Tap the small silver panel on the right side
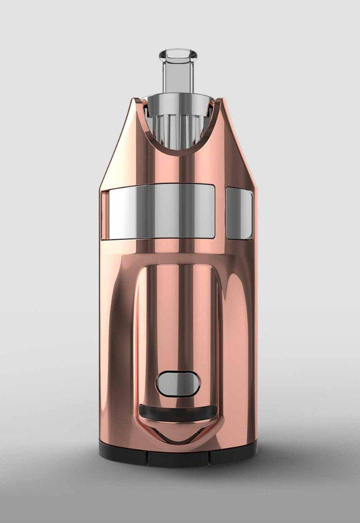(x=239, y=214)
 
